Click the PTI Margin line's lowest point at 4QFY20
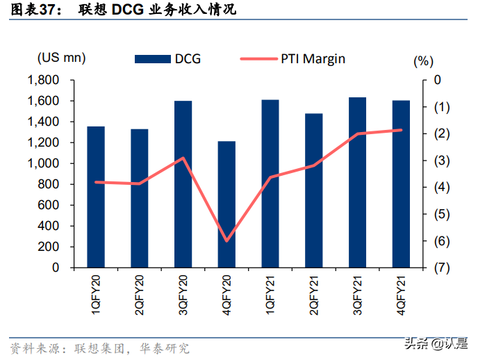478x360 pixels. coord(226,241)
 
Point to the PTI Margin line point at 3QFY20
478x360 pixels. coord(183,158)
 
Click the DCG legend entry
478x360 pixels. coord(167,59)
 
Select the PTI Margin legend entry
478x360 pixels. coord(292,59)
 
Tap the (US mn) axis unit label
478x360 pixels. coord(62,57)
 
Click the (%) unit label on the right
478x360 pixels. coord(422,61)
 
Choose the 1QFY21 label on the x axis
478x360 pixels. coord(270,295)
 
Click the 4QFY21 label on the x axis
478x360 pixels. coord(401,295)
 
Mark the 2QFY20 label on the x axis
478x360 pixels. coord(140,295)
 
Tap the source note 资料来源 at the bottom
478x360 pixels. coord(35,347)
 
